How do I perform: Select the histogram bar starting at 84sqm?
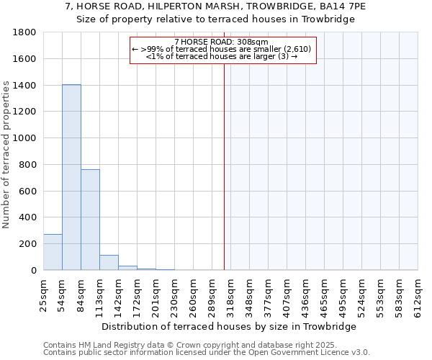coord(90,220)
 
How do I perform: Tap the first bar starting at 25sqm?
coord(53,252)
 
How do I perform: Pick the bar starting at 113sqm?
coord(109,263)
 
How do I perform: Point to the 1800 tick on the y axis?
coord(26,32)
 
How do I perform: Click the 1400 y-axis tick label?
coord(26,86)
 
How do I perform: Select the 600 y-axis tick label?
coord(29,191)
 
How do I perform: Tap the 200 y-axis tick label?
coord(29,244)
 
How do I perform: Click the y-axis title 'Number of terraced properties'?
coord(7,155)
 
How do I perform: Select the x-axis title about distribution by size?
coord(239,326)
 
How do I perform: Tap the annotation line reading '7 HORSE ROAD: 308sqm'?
coord(221,42)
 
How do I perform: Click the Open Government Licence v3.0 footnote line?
coord(207,353)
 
